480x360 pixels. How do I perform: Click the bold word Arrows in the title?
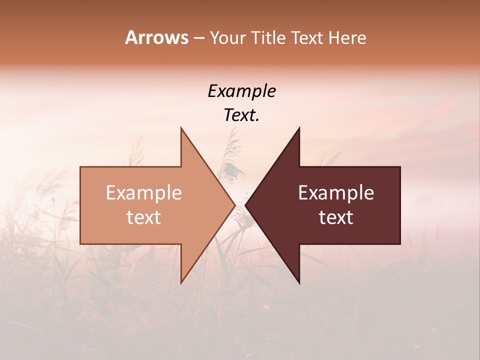pos(156,37)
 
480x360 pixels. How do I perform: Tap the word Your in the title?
pos(227,37)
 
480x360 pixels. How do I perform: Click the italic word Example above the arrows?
pos(241,91)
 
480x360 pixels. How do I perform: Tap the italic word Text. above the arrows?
pos(241,115)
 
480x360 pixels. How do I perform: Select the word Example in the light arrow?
pos(144,193)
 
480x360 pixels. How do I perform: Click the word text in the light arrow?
pos(144,217)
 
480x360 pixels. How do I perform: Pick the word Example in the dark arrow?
pos(336,193)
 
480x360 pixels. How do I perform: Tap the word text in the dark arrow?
pos(336,217)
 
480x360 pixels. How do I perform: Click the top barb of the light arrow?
pos(182,131)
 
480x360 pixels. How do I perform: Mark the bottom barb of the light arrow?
pos(182,280)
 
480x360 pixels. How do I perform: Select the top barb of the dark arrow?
pos(298,131)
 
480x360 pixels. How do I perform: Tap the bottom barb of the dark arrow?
pos(298,280)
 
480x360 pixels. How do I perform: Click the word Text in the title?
pos(307,37)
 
